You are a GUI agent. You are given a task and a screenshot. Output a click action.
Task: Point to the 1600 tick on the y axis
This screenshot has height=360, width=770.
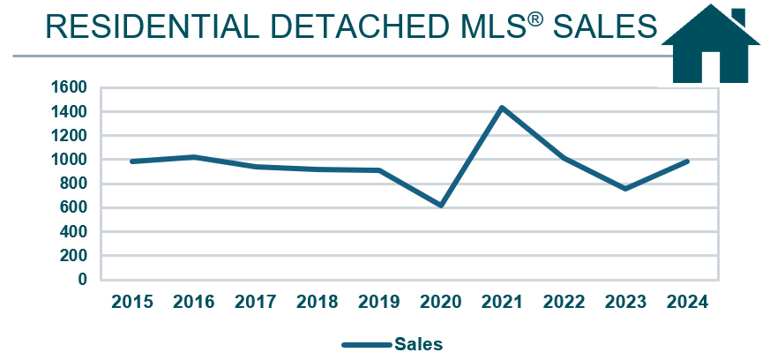pos(71,87)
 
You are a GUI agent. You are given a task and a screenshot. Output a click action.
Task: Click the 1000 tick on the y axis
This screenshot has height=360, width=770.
pos(71,160)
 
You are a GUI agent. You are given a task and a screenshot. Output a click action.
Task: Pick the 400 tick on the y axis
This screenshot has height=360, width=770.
pos(74,232)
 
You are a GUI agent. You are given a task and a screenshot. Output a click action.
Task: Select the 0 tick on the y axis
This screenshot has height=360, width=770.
pos(83,280)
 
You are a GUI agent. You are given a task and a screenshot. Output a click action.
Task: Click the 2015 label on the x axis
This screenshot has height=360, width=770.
pos(131,302)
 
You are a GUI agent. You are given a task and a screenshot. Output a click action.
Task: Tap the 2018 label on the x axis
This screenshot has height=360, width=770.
pos(317,302)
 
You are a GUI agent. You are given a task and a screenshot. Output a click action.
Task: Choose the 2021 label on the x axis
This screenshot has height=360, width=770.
pos(503,302)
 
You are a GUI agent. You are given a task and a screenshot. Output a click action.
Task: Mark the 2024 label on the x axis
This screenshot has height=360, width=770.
pos(688,302)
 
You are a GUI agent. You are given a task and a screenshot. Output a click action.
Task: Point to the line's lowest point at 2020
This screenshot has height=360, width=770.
pos(440,206)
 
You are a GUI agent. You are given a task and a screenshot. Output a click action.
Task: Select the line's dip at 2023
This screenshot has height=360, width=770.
pos(625,189)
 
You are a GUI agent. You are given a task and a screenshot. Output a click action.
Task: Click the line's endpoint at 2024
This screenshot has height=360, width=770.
pos(687,161)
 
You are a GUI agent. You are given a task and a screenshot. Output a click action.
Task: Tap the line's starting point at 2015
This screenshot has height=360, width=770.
pos(131,161)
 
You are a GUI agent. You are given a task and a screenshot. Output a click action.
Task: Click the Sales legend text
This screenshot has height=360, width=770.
pos(418,343)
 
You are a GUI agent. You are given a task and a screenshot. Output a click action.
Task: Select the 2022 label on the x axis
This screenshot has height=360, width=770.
pos(564,302)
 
